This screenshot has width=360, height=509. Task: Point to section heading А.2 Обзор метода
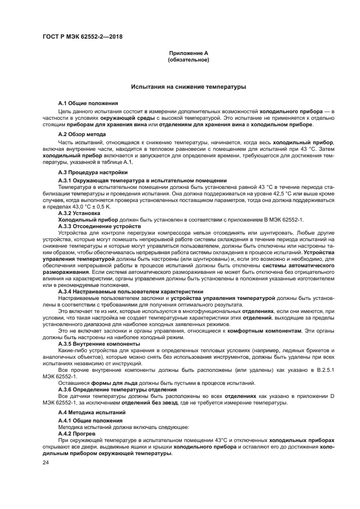82,134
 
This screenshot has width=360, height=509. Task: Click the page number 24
46,462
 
